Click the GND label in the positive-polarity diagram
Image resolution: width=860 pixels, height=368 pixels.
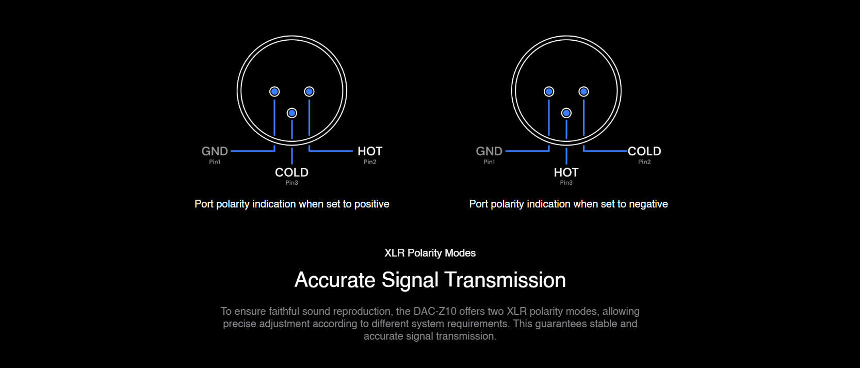click(215, 151)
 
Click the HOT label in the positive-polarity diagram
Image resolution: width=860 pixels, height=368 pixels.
click(370, 151)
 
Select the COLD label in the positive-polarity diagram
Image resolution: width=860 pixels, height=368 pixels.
click(292, 172)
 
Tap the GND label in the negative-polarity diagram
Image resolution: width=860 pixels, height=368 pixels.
click(489, 151)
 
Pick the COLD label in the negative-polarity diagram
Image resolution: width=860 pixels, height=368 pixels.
click(644, 151)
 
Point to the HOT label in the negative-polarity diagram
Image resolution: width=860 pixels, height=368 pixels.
click(566, 172)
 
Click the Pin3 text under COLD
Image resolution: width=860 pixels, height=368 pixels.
click(292, 183)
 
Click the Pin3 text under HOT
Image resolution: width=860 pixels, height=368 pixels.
click(566, 183)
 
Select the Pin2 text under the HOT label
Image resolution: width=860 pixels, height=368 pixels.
click(370, 162)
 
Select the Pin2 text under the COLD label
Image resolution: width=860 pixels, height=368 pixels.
click(644, 162)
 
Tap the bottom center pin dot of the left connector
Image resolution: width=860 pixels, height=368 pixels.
click(292, 113)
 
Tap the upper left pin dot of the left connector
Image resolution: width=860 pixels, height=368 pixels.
click(274, 91)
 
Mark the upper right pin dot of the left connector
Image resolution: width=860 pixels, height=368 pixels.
click(309, 91)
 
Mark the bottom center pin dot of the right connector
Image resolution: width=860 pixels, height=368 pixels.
click(566, 113)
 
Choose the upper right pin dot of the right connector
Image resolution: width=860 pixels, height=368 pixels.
click(583, 91)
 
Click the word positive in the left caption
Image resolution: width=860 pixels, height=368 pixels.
click(371, 204)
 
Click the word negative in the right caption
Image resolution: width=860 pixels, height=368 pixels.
click(648, 204)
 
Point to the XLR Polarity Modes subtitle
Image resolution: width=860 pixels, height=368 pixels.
click(430, 253)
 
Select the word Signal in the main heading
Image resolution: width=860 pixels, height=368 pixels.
click(410, 280)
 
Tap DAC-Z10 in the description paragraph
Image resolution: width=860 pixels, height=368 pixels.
click(435, 311)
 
